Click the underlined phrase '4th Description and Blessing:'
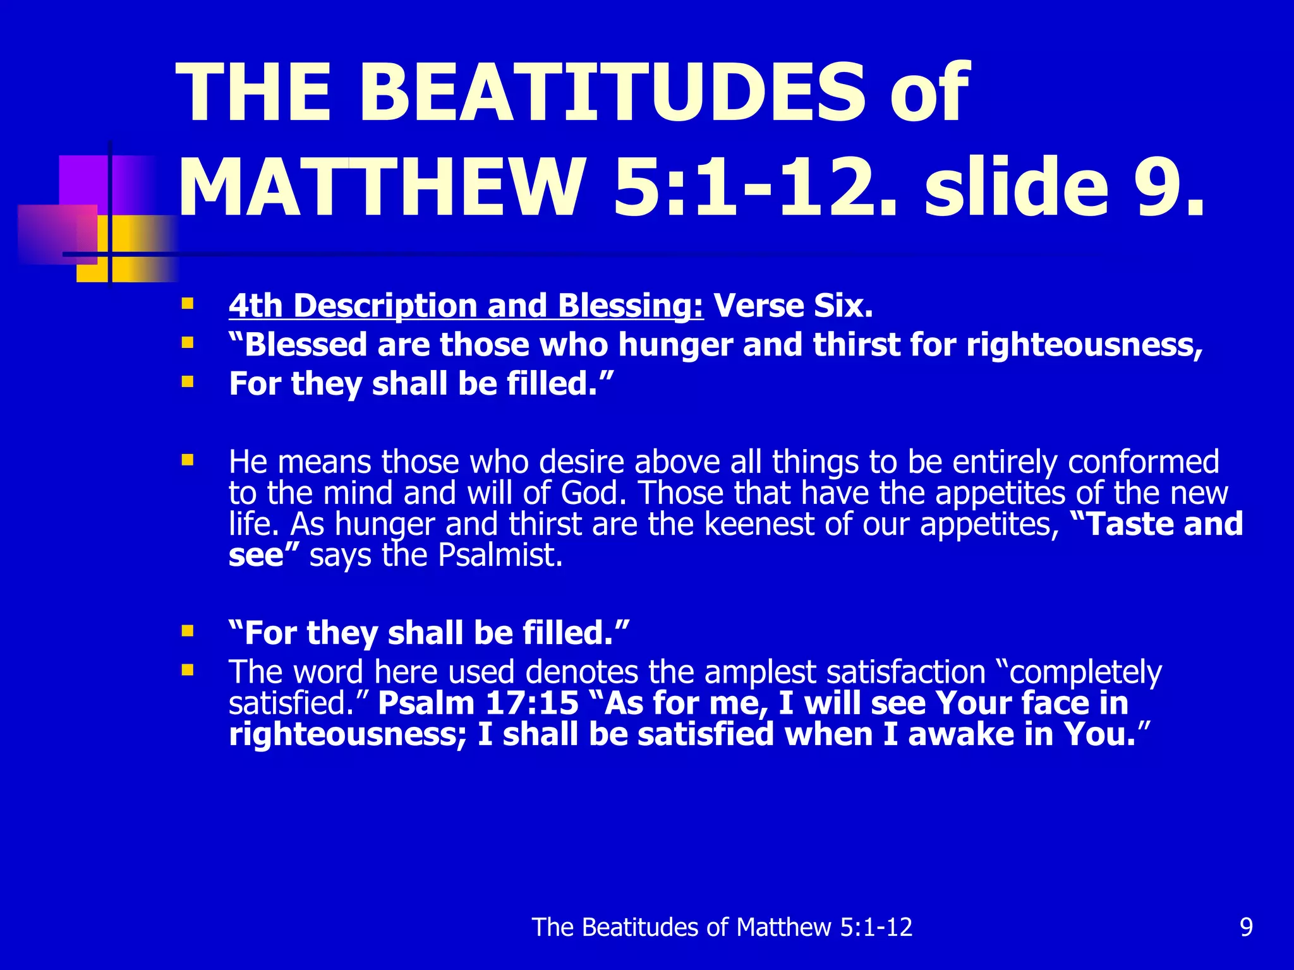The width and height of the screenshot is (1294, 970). tap(466, 306)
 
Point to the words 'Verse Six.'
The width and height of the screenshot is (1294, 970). tap(793, 306)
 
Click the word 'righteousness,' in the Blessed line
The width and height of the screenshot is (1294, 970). tap(1084, 345)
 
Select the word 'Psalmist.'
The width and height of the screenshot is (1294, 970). tap(500, 556)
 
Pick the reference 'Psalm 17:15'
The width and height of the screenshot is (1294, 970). tap(478, 704)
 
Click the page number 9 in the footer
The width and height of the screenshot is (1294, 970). tap(1246, 927)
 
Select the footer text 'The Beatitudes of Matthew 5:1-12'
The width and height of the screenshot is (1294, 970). tap(722, 927)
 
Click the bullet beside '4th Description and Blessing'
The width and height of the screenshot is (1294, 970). tap(187, 304)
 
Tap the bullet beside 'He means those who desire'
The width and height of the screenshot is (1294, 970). tap(187, 460)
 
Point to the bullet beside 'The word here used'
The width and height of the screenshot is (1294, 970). tap(187, 669)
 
